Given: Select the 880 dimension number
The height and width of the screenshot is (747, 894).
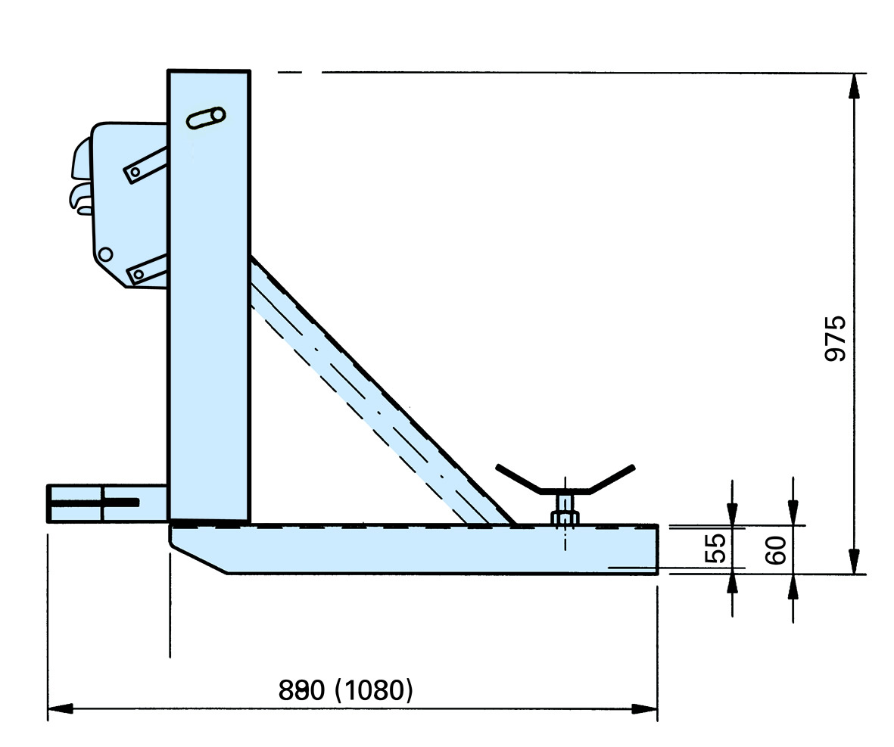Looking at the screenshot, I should click(301, 689).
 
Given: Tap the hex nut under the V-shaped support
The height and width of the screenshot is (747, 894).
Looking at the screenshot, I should click(564, 518).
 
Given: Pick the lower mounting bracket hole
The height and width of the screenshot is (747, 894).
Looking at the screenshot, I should click(139, 273).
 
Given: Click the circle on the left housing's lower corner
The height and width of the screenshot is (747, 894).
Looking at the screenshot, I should click(106, 254).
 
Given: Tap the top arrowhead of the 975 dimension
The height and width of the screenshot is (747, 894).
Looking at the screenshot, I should click(855, 84).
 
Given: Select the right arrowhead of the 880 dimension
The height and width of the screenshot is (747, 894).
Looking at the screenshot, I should click(646, 709).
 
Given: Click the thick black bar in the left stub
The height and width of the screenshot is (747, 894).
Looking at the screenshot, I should click(121, 502).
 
